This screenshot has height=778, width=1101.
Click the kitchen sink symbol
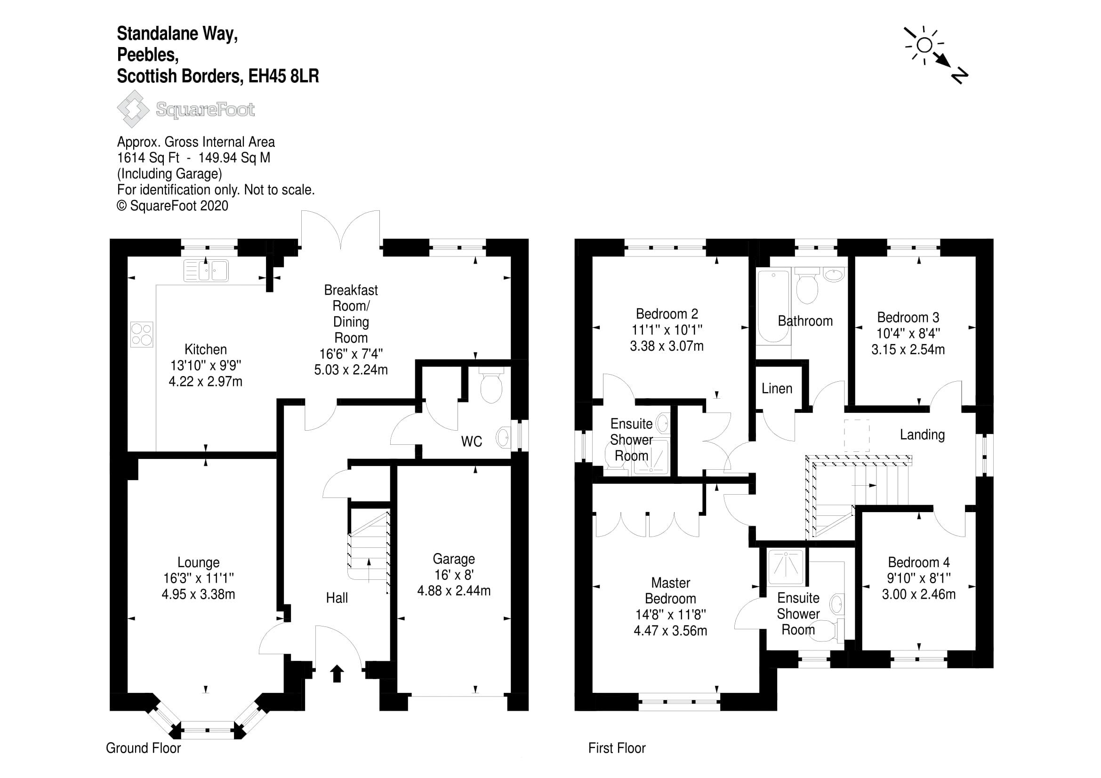point(206,271)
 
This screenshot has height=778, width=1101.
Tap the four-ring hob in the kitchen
point(142,334)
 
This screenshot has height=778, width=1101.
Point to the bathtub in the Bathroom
point(772,305)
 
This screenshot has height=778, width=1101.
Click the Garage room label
point(454,559)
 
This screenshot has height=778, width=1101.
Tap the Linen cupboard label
point(777,388)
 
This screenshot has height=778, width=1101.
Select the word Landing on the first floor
point(922,435)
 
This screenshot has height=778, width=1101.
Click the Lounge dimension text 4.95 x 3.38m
point(198,594)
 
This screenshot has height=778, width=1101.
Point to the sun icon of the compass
point(924,46)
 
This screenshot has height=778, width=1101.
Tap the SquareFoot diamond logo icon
point(133,109)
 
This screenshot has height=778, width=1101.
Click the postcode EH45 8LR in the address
point(283,76)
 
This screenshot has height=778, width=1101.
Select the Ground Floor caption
point(144,748)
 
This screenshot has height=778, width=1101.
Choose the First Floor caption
point(617,748)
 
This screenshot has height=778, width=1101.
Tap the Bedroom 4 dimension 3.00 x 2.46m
point(918,594)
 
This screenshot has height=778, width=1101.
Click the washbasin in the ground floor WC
point(503,437)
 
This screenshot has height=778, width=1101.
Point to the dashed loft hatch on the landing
point(856,435)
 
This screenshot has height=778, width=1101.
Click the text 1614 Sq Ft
point(148,158)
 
